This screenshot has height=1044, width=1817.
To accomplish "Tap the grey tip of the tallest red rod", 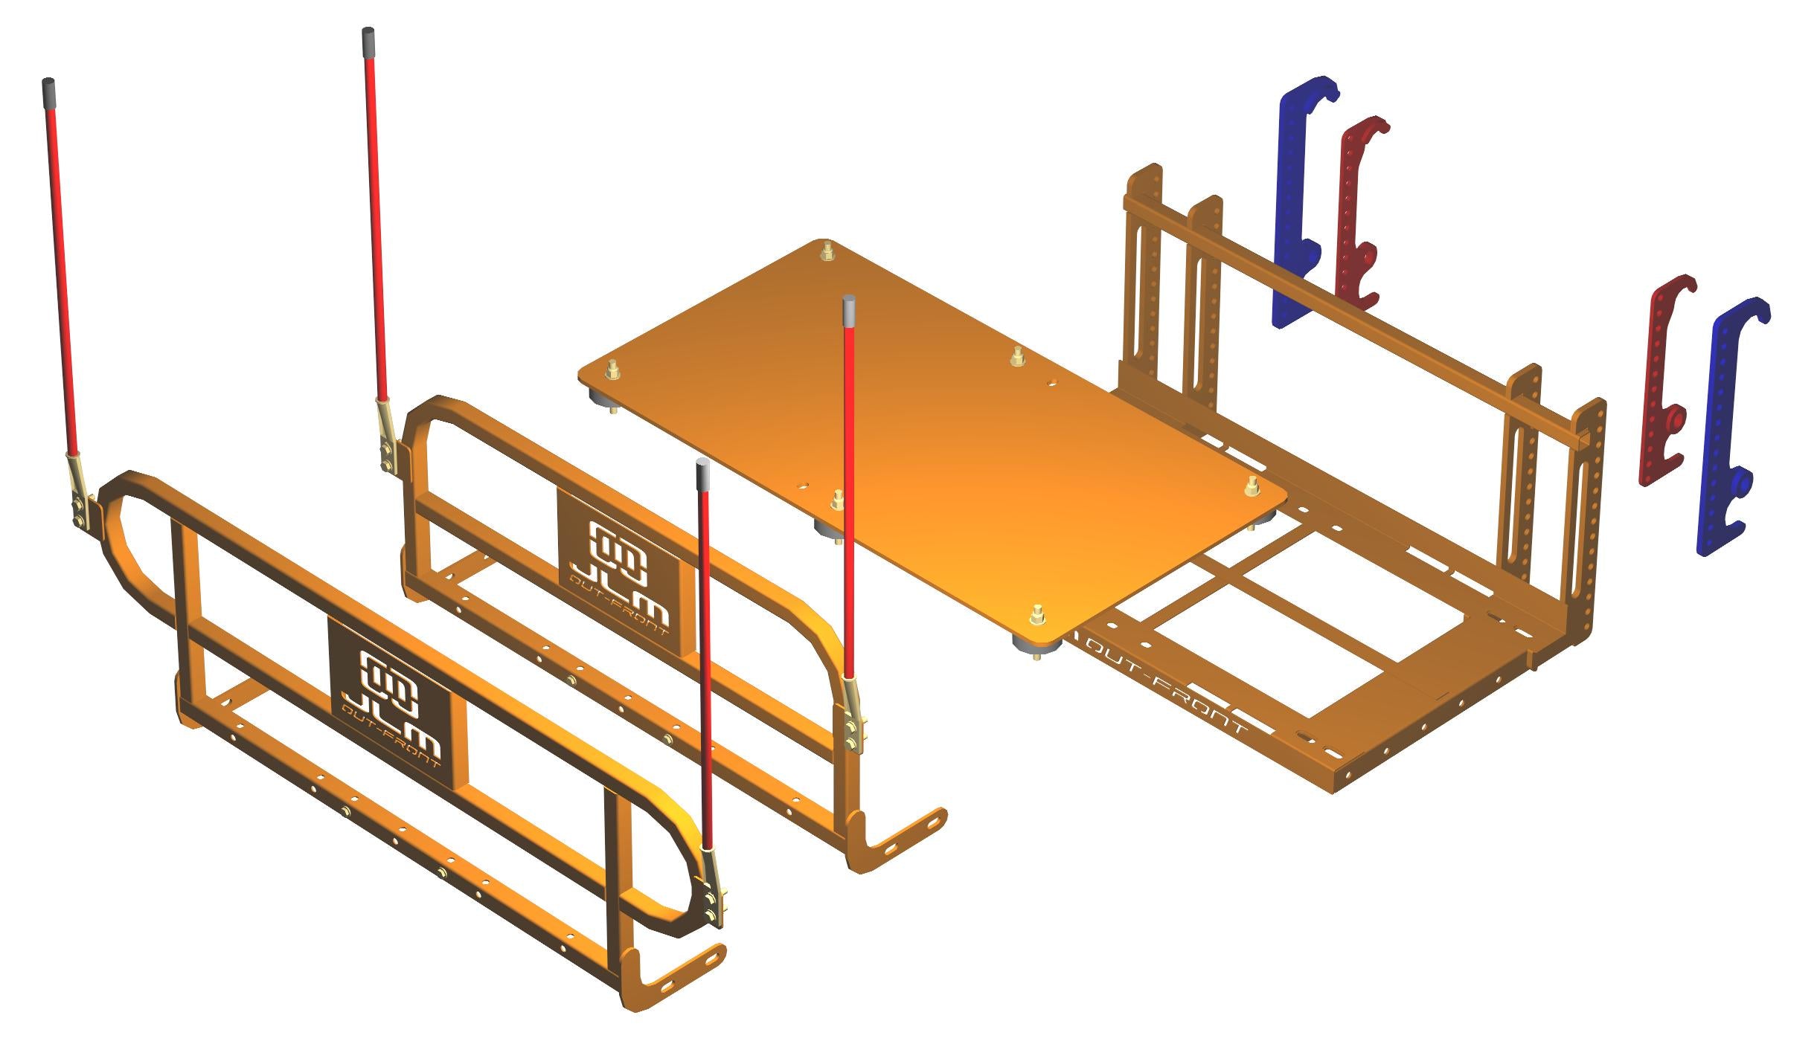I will click(x=368, y=43).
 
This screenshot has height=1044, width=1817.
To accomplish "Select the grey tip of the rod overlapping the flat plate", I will click(x=849, y=311).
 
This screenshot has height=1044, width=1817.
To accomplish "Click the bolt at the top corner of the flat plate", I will click(x=826, y=251).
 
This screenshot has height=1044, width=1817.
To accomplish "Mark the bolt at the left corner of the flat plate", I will click(x=613, y=368).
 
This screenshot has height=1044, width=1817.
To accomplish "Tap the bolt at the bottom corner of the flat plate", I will click(x=1036, y=615).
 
